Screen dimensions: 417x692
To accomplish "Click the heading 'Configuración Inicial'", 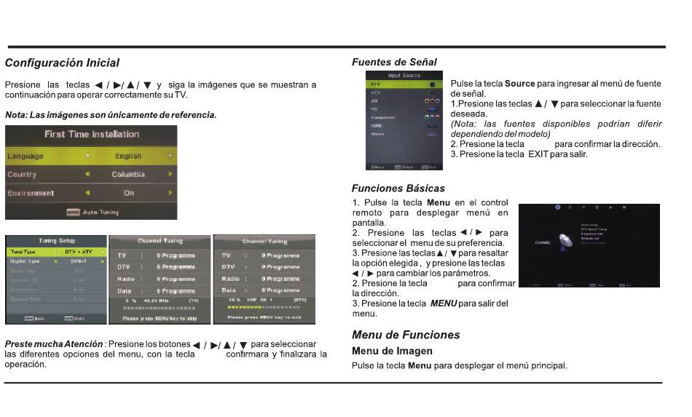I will tap(62, 63).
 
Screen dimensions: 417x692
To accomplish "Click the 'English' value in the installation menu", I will tap(128, 156).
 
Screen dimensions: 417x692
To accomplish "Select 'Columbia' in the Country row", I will tap(128, 175).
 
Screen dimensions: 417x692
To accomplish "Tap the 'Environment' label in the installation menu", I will tap(31, 194).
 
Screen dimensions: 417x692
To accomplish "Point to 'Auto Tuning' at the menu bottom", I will tap(101, 213).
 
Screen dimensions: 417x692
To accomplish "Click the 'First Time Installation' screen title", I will tap(92, 134).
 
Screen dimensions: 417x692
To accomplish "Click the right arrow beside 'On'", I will tap(170, 194).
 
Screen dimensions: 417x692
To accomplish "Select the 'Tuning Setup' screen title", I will tap(56, 241).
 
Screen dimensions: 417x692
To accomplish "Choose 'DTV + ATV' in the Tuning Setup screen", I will tap(79, 252).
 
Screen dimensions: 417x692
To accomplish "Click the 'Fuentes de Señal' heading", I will tap(394, 63).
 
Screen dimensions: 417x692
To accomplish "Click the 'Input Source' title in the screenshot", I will tap(404, 75).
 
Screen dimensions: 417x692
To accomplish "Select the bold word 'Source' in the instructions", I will tap(519, 84).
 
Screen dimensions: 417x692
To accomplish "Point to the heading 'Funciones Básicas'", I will tap(398, 188).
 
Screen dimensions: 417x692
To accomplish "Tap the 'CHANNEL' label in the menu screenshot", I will tap(543, 242).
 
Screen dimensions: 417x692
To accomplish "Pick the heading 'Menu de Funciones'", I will tap(406, 335).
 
